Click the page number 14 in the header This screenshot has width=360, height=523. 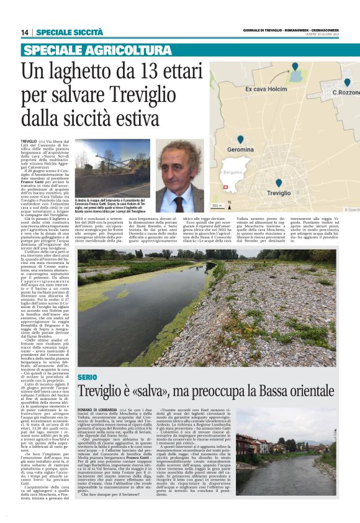click(25, 32)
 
